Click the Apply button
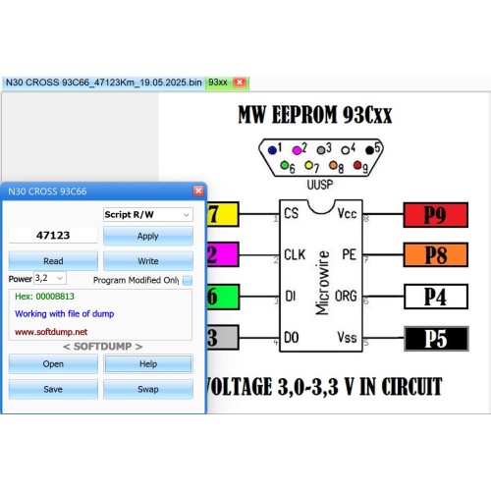pos(148,236)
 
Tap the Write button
pos(148,261)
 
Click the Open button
pos(53,363)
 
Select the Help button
pos(148,363)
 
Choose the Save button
pos(53,389)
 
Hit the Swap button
pos(148,389)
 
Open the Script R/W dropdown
pos(148,215)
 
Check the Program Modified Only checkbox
pos(188,280)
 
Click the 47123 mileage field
pos(53,236)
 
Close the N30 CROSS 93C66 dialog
pos(198,191)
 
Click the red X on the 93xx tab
pos(240,82)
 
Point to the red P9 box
pos(436,215)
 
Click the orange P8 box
pos(436,254)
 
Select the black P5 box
pos(436,339)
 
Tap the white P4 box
pos(436,297)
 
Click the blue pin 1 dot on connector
pos(272,150)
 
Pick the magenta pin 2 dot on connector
pos(297,150)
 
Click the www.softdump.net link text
pos(51,332)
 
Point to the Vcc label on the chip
pos(347,213)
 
